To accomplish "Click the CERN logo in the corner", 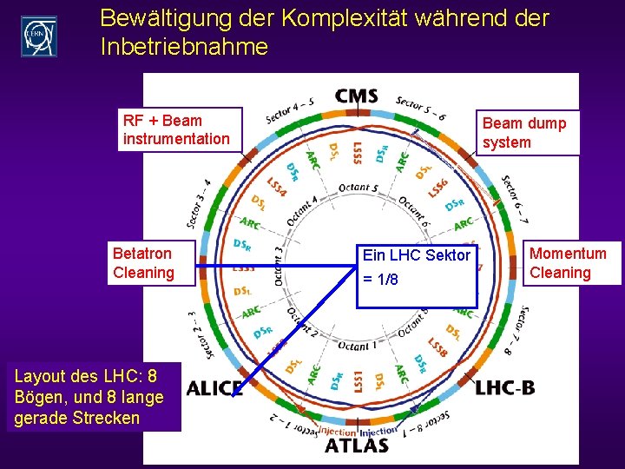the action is (38, 36).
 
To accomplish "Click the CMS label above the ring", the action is (357, 95).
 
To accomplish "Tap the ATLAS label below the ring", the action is (357, 446).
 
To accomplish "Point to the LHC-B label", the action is (505, 387).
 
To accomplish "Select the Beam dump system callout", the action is (527, 133).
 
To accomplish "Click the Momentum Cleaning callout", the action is (569, 262).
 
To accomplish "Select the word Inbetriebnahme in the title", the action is (184, 47).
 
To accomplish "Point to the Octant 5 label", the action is (358, 187).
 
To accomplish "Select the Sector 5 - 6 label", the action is (422, 108).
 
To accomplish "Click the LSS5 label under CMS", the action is (358, 154).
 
